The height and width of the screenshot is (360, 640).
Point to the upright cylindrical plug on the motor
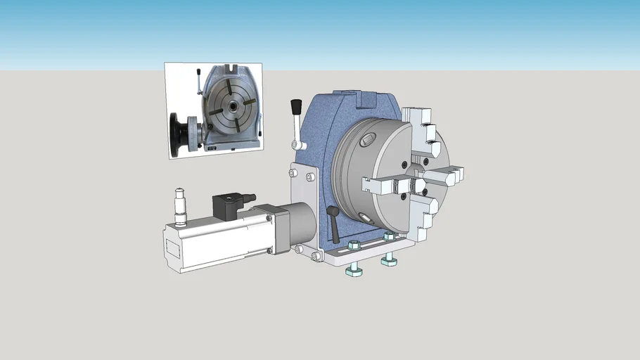pos(181,207)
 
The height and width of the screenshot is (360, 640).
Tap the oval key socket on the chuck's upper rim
pos(367,141)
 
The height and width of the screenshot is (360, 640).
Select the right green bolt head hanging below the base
pos(389,262)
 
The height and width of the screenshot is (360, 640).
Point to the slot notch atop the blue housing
pos(365,98)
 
